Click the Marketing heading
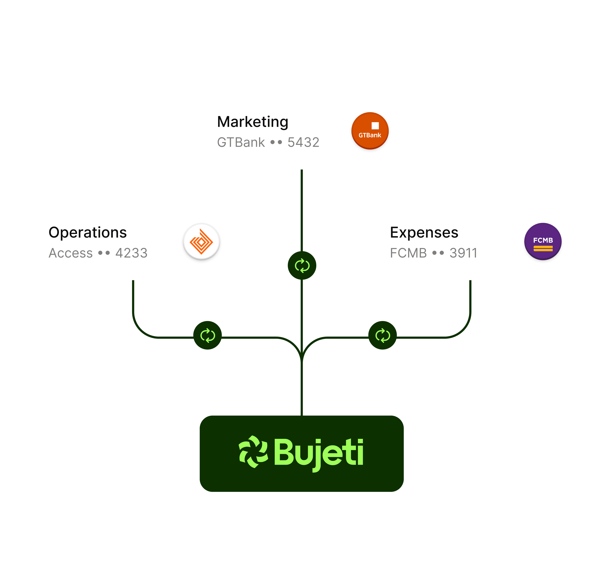click(x=253, y=122)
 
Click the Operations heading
click(x=88, y=232)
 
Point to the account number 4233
click(x=131, y=253)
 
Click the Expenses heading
click(x=424, y=232)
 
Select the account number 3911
click(x=463, y=253)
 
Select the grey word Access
click(x=71, y=253)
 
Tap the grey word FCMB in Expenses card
click(x=408, y=253)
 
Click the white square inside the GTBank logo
click(x=375, y=126)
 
